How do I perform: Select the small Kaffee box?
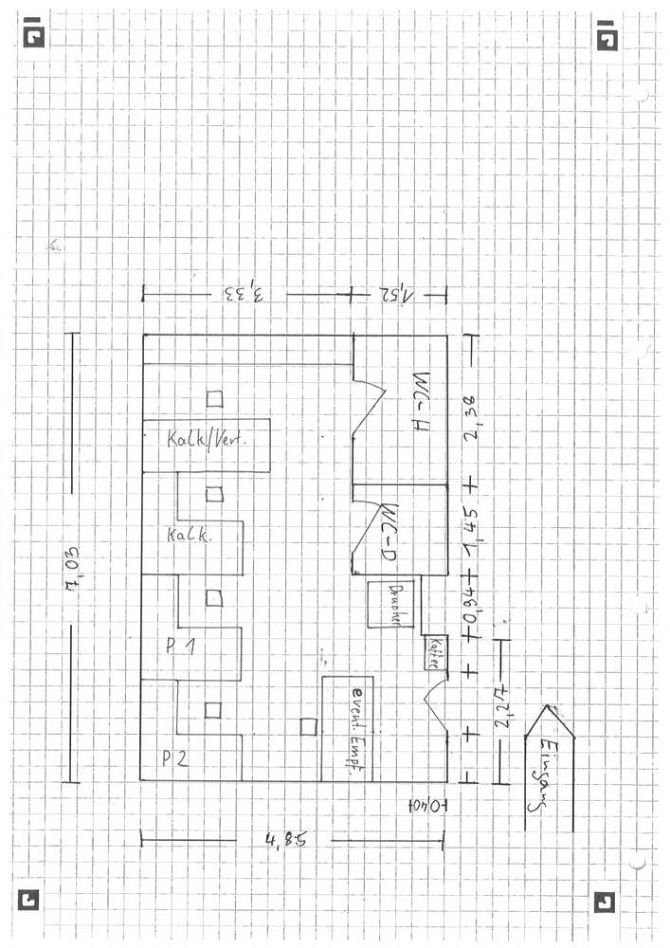point(434,653)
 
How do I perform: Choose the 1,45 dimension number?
point(468,526)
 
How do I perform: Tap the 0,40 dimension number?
point(426,805)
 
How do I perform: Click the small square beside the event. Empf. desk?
point(308,726)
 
